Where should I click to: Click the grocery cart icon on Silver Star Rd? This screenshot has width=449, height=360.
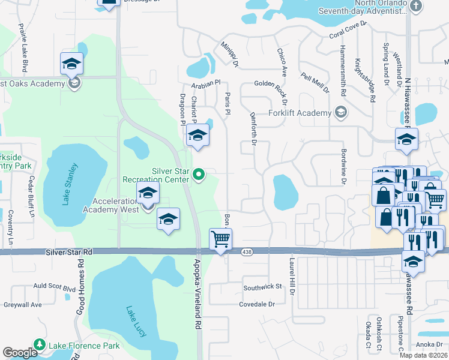tap(220, 239)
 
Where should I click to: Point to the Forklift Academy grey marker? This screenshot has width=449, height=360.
tap(341, 112)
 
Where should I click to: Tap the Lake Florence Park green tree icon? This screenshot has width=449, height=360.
tap(40, 344)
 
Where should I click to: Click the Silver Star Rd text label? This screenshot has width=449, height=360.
tap(69, 253)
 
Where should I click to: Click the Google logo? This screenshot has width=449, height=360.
tap(20, 353)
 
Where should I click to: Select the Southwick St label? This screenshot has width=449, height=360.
tap(262, 287)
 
